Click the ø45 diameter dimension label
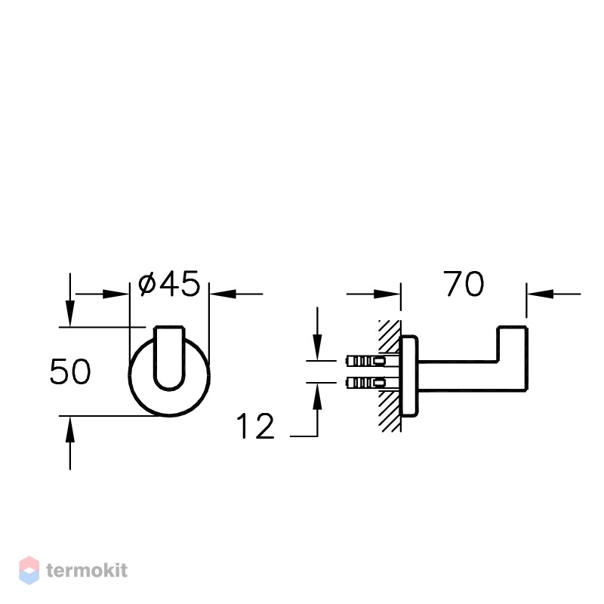(169, 284)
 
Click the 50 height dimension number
(70, 371)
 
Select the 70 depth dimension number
(464, 284)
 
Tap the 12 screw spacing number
(255, 426)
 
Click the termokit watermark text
(87, 570)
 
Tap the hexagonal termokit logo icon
(29, 570)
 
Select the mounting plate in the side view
(409, 376)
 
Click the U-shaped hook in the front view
(169, 358)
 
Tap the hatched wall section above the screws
(390, 336)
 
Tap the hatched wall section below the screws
(390, 411)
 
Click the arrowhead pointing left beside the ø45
(223, 294)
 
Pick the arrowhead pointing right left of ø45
(116, 294)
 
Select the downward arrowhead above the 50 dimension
(69, 313)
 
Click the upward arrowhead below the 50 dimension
(69, 430)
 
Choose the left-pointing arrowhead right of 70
(541, 294)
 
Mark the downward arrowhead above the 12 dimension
(317, 347)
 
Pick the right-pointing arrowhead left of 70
(387, 294)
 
